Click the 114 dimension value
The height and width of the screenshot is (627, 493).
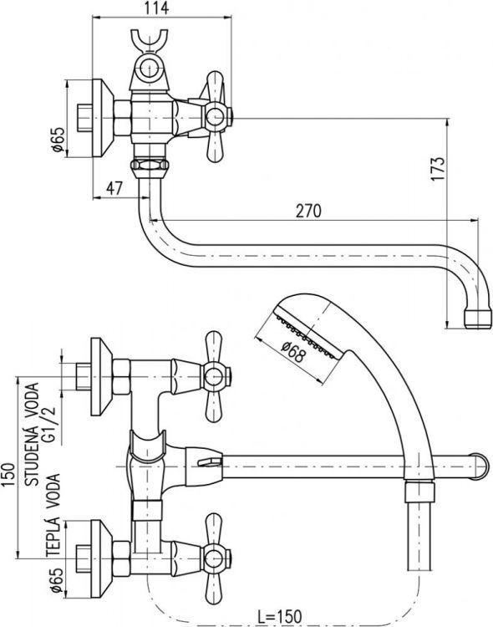pos(153,9)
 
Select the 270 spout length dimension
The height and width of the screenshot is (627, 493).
pos(308,212)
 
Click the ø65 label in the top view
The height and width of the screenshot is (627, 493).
pos(58,138)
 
